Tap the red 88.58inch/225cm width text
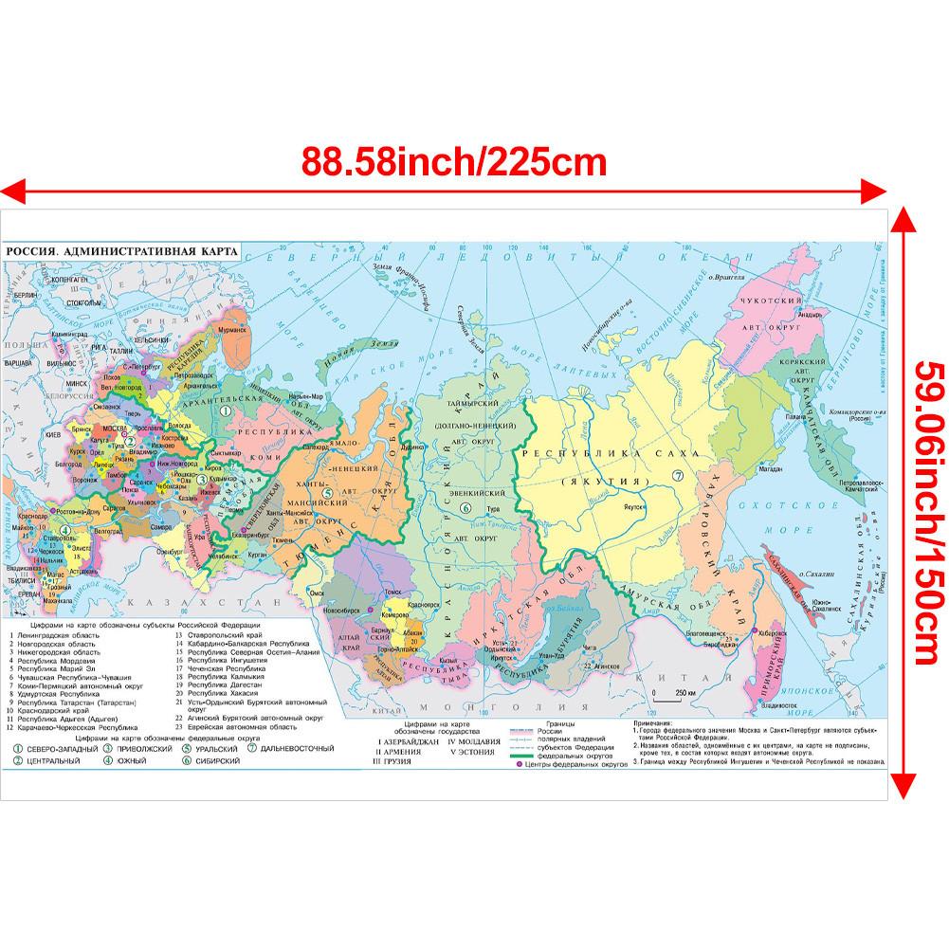pyautogui.click(x=453, y=162)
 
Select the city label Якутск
pyautogui.click(x=635, y=505)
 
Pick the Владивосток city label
pyautogui.click(x=776, y=704)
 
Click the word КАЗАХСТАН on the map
pyautogui.click(x=242, y=603)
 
